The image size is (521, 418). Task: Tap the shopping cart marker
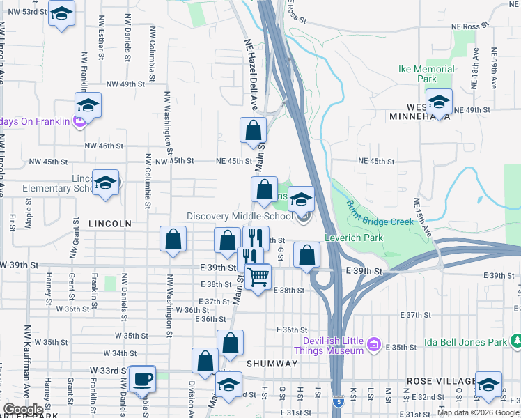pos(258,277)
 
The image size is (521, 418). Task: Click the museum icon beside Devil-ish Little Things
pos(373,344)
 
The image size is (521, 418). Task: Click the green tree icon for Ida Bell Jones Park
pos(516,341)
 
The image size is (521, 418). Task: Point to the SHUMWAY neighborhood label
pos(272,364)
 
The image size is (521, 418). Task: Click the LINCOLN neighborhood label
pos(110,224)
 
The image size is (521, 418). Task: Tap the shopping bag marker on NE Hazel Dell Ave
pos(253,130)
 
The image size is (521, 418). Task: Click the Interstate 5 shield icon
pos(339,402)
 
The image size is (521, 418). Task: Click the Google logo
pos(23,410)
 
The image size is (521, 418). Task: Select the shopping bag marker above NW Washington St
pos(173,240)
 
